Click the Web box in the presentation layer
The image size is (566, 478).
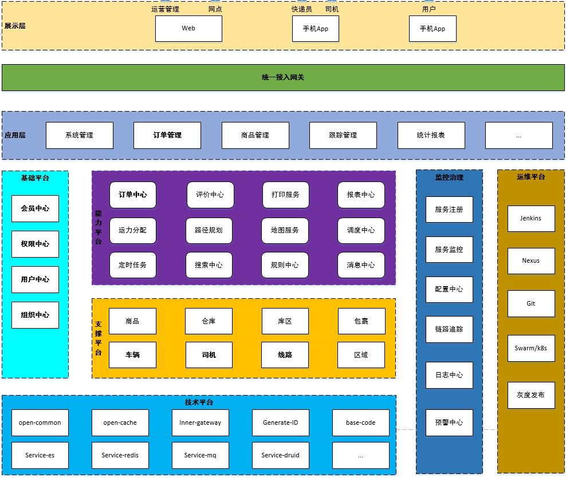click(x=188, y=29)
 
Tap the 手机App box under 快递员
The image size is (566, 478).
click(x=316, y=29)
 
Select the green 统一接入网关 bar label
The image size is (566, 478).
click(x=283, y=77)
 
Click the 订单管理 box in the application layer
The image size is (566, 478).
click(x=167, y=135)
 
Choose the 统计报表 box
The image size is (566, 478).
click(x=431, y=135)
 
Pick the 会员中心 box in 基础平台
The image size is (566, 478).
click(x=35, y=208)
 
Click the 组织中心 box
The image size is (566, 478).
click(x=35, y=315)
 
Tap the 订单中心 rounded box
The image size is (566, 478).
click(x=133, y=195)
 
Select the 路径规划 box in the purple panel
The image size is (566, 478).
click(x=209, y=230)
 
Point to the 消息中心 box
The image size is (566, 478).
click(x=361, y=265)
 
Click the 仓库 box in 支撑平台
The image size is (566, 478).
click(x=209, y=321)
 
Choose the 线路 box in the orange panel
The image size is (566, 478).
click(x=285, y=355)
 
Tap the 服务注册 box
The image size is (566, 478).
click(x=449, y=210)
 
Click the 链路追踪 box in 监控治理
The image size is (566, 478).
click(x=449, y=329)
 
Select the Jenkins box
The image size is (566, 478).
click(x=531, y=219)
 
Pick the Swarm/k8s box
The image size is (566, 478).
click(x=531, y=349)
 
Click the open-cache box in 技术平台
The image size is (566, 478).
click(x=120, y=423)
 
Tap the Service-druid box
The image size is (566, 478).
click(x=281, y=455)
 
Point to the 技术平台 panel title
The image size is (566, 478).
click(x=199, y=402)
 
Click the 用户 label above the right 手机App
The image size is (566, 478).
click(x=429, y=9)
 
